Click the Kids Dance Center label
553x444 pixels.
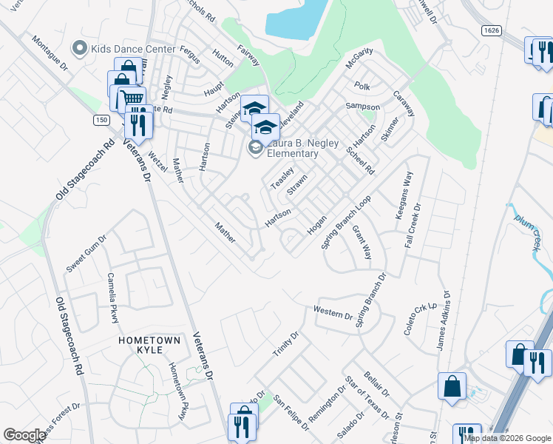tap(133, 49)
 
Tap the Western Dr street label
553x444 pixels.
tap(333, 312)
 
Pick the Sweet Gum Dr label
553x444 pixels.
tap(86, 253)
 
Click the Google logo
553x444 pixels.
tap(24, 435)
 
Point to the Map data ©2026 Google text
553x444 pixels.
tap(507, 438)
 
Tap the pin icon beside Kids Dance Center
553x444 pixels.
tap(80, 49)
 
